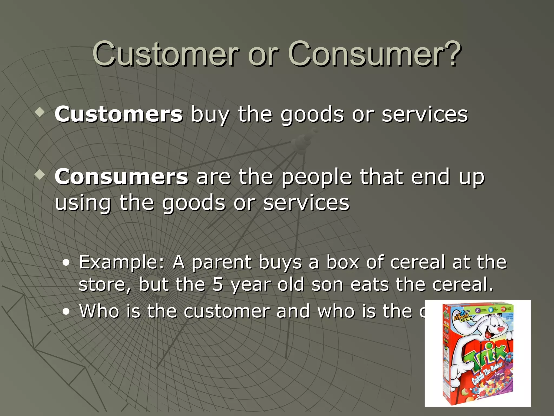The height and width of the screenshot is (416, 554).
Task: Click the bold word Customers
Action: [118, 114]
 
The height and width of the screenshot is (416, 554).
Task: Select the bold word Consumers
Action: [121, 177]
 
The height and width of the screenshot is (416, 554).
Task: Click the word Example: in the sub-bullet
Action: [121, 262]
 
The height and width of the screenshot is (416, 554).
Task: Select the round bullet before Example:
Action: [66, 263]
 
